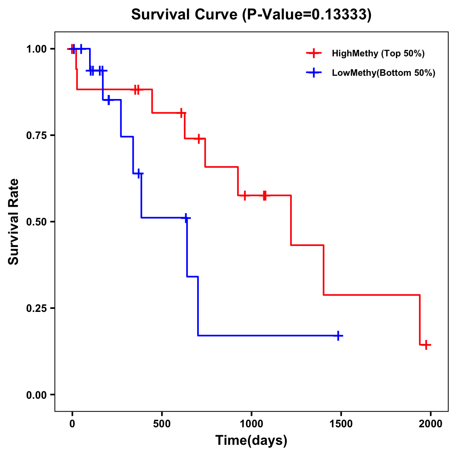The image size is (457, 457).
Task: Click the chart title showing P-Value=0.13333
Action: click(251, 14)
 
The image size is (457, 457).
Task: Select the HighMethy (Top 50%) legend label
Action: click(378, 53)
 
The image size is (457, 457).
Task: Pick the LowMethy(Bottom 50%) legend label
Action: click(383, 73)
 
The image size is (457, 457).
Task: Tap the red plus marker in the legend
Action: click(313, 53)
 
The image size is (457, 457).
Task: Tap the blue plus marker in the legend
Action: click(313, 73)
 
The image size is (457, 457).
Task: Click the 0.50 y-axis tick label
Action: click(36, 222)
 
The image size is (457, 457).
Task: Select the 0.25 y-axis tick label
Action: click(36, 308)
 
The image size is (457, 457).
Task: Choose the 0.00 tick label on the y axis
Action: click(36, 395)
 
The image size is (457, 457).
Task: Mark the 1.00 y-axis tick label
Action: click(36, 49)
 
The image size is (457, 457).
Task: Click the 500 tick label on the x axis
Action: click(162, 424)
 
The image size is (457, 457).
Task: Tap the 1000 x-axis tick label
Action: click(251, 424)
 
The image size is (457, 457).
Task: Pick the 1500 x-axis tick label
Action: click(341, 424)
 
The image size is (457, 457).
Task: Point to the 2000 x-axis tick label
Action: click(431, 424)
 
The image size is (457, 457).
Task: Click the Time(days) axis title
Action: click(251, 440)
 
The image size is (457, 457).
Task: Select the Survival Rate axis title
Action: click(14, 222)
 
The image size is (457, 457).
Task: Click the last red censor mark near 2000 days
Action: click(426, 345)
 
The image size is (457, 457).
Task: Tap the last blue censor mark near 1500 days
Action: click(338, 336)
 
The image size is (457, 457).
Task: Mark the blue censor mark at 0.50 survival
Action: click(186, 218)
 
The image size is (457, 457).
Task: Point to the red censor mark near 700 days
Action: click(198, 139)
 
